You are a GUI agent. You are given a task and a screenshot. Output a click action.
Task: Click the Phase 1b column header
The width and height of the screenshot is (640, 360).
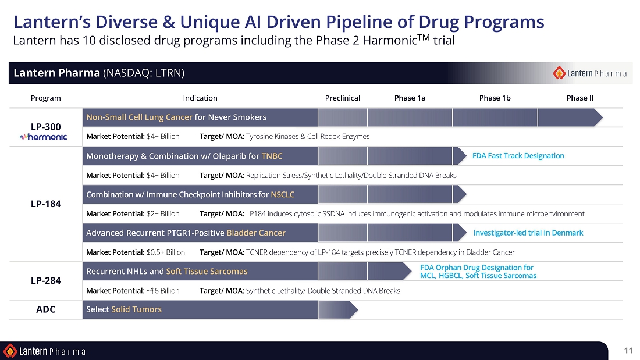495,98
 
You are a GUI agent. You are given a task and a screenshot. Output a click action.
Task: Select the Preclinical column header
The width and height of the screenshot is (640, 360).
343,98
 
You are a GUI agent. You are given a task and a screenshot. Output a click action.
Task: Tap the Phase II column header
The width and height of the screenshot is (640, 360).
580,98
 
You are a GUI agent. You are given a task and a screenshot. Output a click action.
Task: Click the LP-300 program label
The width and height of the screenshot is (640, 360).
46,127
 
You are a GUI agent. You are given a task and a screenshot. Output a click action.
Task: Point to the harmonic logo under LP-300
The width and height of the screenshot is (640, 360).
43,137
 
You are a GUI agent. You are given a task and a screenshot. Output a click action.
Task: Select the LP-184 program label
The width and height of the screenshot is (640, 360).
46,204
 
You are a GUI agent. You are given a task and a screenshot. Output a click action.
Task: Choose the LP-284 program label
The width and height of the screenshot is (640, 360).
46,281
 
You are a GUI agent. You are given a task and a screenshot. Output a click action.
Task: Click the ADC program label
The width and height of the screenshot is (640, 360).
46,309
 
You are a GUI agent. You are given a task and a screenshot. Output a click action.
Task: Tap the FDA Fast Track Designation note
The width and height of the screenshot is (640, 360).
518,155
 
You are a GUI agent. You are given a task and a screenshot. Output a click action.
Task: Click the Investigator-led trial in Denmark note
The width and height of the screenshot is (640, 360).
528,233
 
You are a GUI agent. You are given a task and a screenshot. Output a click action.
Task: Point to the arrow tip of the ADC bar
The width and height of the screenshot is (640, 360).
358,309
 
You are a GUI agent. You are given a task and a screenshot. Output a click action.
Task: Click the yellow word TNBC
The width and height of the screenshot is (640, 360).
272,156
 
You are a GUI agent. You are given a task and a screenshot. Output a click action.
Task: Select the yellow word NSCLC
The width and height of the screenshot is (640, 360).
282,194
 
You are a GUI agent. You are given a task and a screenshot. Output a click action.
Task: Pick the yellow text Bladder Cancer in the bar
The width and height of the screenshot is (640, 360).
256,233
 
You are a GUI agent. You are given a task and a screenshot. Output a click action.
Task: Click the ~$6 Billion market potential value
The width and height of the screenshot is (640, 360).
163,291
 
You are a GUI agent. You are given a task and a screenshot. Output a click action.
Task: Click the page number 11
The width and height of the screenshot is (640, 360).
628,350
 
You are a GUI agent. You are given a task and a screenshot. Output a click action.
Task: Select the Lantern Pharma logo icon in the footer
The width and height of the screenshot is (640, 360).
10,351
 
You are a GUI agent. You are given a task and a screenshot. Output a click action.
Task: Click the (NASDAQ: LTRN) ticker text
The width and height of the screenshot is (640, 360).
144,73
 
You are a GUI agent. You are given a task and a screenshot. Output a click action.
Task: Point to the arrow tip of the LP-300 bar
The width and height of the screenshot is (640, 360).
602,117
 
